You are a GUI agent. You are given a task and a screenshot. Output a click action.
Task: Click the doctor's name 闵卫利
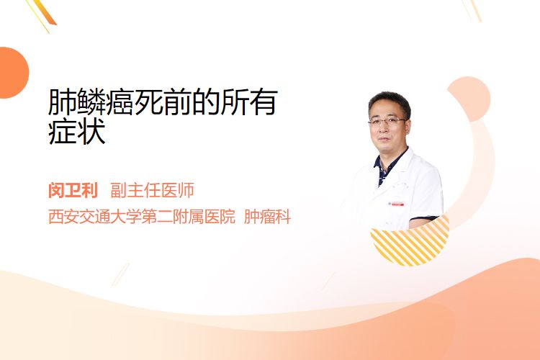(x=73, y=190)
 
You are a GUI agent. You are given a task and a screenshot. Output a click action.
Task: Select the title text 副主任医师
(x=152, y=190)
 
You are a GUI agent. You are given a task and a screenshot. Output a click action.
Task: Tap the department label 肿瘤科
(x=267, y=217)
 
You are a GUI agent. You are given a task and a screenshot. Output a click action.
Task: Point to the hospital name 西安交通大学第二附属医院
(x=142, y=217)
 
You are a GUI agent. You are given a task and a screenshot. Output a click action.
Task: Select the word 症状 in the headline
(x=77, y=132)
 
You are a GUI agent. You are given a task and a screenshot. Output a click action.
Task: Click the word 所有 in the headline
(x=248, y=102)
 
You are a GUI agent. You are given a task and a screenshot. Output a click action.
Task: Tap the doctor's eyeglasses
(x=387, y=121)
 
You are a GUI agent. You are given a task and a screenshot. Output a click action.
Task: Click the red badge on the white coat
(x=396, y=204)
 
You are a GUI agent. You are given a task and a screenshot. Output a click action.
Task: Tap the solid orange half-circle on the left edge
(x=14, y=73)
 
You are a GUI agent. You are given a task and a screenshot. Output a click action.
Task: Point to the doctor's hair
(x=390, y=100)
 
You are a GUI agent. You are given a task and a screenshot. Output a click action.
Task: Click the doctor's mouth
(x=384, y=139)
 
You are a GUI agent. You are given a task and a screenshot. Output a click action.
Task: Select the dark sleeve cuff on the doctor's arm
(x=423, y=218)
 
